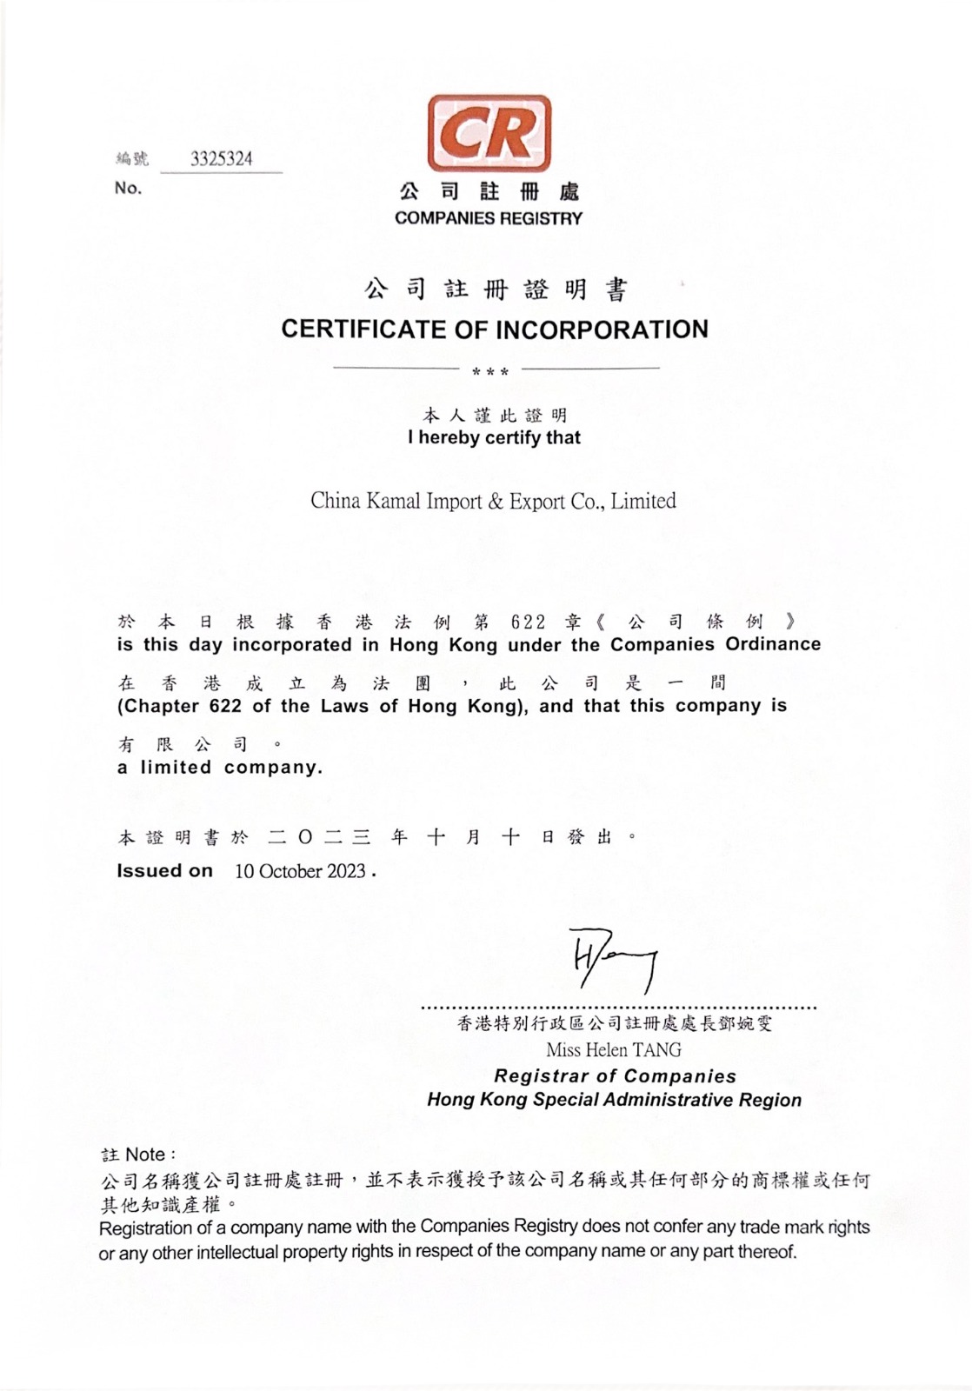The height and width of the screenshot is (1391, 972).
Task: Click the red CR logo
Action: click(489, 133)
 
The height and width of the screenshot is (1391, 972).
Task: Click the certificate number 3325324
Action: click(222, 159)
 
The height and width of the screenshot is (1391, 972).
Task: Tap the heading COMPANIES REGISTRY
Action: click(488, 218)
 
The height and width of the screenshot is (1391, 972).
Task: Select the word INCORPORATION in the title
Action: click(602, 329)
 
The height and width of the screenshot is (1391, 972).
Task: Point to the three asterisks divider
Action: click(489, 372)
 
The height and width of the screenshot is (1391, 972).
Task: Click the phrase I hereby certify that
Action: click(494, 437)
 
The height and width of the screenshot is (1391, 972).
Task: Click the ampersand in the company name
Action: click(495, 502)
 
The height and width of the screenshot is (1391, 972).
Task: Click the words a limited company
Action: click(220, 768)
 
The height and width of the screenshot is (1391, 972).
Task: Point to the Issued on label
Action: click(164, 871)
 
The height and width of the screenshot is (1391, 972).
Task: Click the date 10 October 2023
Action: click(300, 871)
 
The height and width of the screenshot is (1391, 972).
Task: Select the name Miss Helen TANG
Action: click(614, 1049)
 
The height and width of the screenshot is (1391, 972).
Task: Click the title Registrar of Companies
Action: click(615, 1076)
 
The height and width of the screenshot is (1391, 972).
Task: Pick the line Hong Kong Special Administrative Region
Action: click(614, 1100)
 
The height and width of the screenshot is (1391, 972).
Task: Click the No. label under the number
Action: click(128, 188)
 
